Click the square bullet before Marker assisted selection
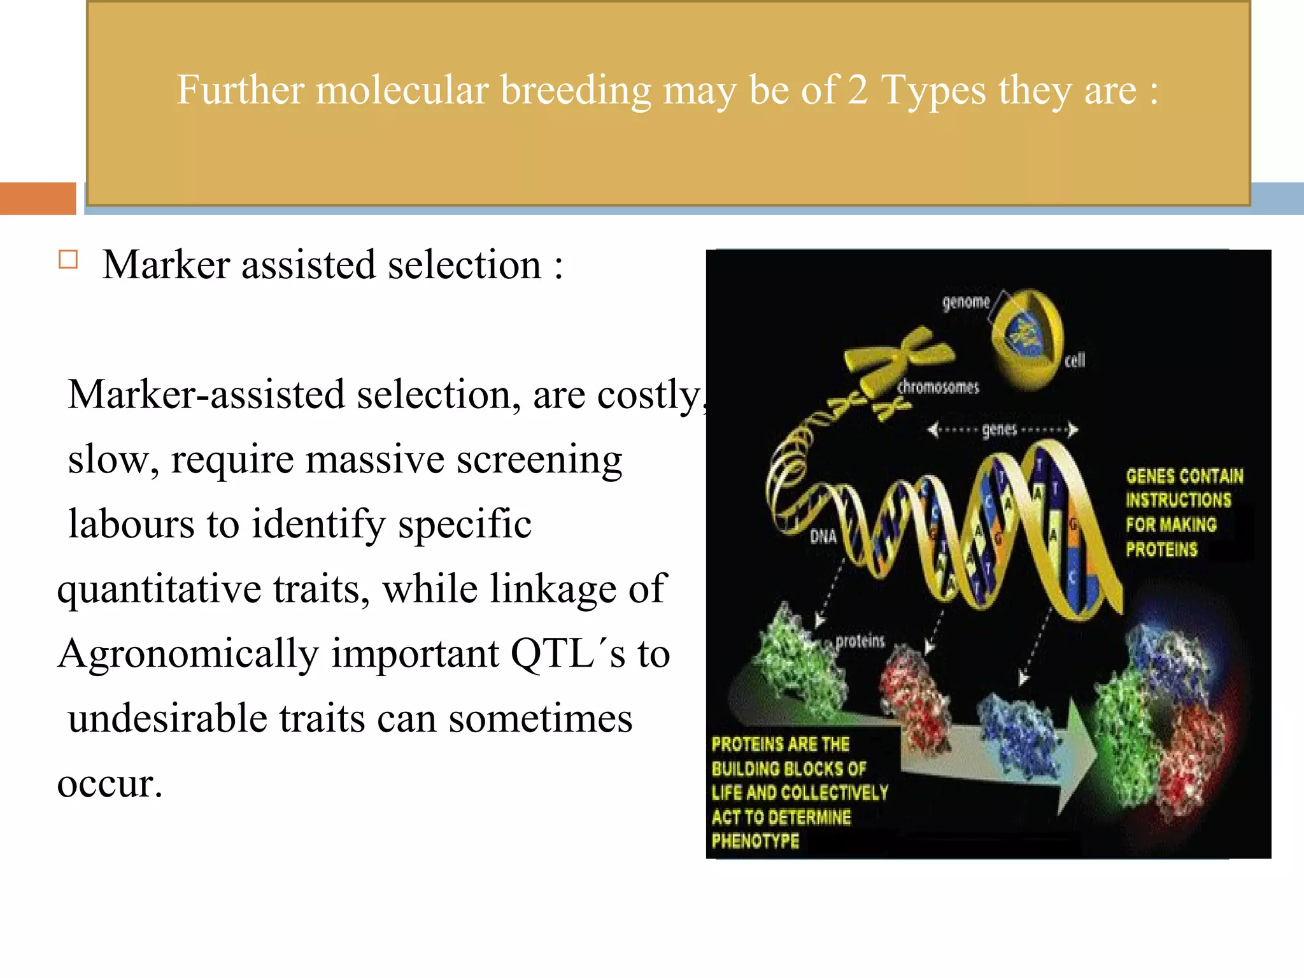tap(68, 260)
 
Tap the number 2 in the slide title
tap(858, 90)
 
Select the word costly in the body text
tap(649, 395)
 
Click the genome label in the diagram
tap(966, 302)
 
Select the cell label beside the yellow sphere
tap(1075, 360)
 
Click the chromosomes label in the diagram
tap(938, 387)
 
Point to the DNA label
tap(823, 537)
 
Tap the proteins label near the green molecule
tap(860, 641)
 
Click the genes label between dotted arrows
tap(999, 430)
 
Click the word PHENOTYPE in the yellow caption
tap(755, 841)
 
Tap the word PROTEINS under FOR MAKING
tap(1161, 549)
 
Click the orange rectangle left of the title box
tap(38, 199)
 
